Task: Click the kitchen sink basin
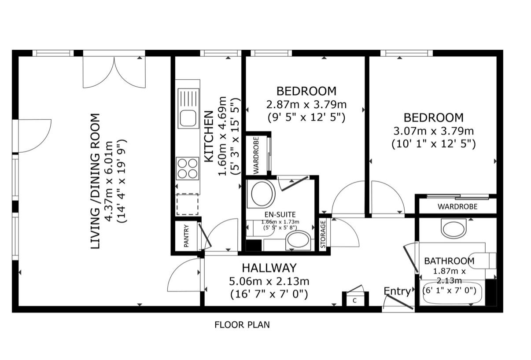click(188, 118)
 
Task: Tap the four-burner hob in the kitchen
click(188, 168)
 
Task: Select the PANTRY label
click(186, 236)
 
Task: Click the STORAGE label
click(323, 235)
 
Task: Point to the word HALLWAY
click(269, 268)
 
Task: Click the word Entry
click(397, 292)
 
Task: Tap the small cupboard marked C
click(355, 300)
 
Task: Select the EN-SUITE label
click(280, 214)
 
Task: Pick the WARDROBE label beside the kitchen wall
click(256, 155)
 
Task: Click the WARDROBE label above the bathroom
click(457, 207)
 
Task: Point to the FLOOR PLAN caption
click(242, 325)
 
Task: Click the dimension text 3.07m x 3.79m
click(434, 131)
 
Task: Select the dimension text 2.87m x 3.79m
click(306, 104)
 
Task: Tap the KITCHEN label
click(209, 137)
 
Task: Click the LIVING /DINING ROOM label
click(96, 182)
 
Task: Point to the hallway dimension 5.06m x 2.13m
click(269, 282)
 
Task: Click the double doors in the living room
click(114, 72)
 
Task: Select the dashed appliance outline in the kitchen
click(187, 204)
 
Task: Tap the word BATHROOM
click(449, 261)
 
